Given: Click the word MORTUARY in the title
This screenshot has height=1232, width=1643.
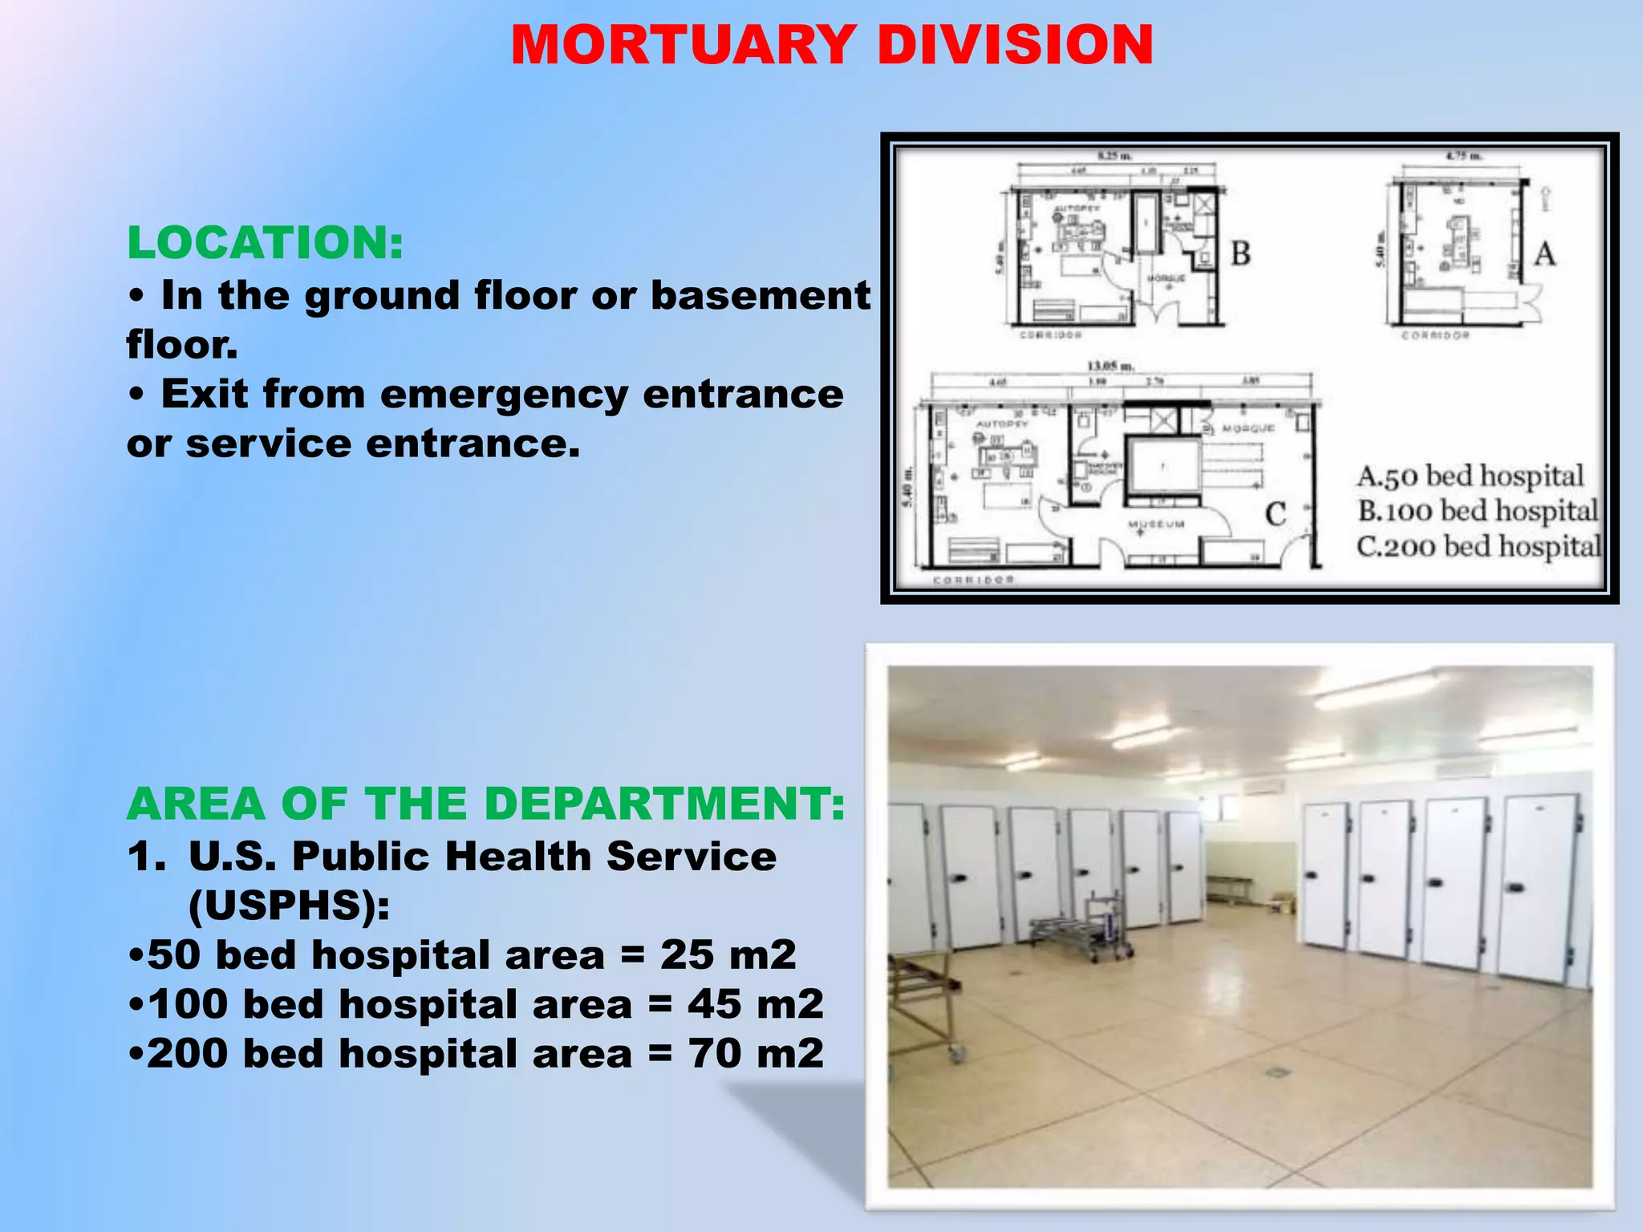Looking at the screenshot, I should (683, 45).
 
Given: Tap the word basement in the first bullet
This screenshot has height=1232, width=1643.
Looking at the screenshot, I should (760, 295).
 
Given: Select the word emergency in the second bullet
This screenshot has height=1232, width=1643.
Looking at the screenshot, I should (503, 394).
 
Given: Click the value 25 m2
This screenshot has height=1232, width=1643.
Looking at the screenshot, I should (728, 954).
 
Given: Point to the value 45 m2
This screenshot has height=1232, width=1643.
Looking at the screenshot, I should (755, 1004).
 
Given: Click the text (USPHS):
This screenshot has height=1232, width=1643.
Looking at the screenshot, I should (289, 906).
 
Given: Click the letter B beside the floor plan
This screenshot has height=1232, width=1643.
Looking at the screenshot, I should (1240, 254).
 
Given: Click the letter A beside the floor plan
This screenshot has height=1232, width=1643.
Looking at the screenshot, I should (1544, 255).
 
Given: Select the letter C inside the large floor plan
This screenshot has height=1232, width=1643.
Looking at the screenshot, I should (1276, 513).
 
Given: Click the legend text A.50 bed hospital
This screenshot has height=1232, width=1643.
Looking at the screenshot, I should (1470, 476).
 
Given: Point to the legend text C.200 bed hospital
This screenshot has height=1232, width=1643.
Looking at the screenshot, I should (1478, 546).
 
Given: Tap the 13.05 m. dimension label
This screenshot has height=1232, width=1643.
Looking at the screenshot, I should (1110, 367).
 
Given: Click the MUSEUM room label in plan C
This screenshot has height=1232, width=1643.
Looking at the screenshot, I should (1156, 525).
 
